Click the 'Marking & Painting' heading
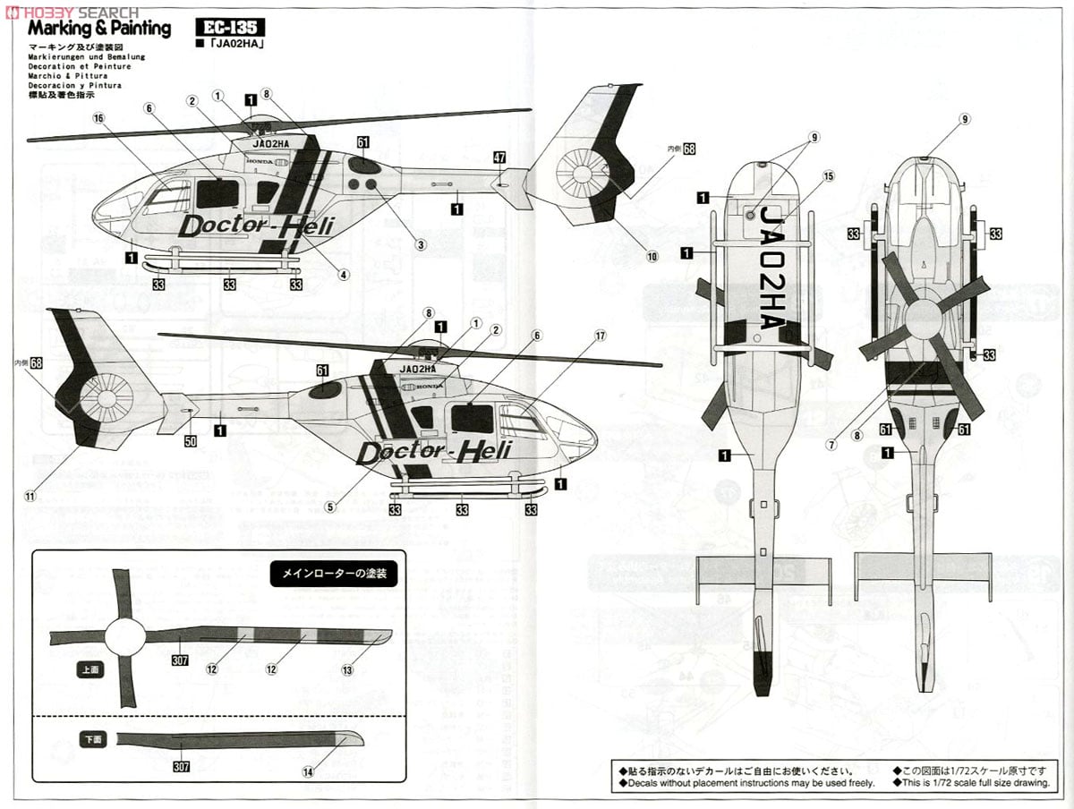click(98, 29)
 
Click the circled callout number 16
click(98, 118)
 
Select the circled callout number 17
click(601, 336)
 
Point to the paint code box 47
click(499, 158)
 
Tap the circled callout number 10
click(652, 257)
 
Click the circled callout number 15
click(828, 177)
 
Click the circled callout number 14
click(310, 771)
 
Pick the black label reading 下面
click(91, 740)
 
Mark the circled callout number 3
click(420, 243)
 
